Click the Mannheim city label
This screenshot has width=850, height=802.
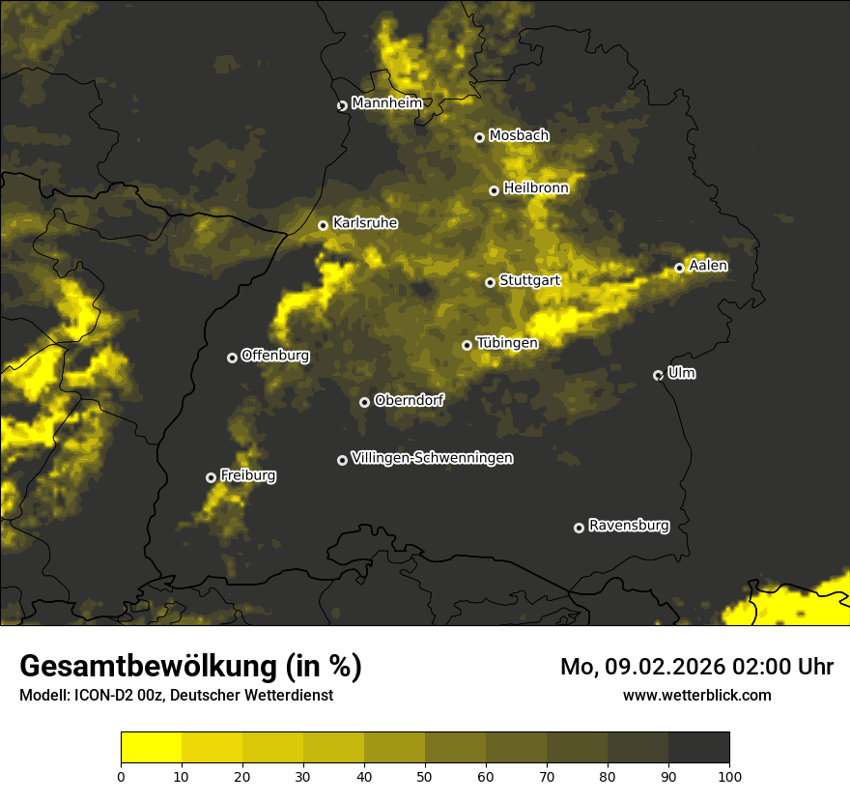[x=387, y=103]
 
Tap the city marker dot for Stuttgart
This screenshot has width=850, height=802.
[x=490, y=282]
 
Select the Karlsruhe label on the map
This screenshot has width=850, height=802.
[x=365, y=223]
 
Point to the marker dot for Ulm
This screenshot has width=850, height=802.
[x=658, y=375]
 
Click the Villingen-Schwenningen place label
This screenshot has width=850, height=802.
[x=433, y=458]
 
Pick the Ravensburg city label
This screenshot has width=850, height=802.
[x=629, y=526]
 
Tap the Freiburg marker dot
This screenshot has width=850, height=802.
[x=211, y=477]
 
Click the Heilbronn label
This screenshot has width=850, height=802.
[x=536, y=188]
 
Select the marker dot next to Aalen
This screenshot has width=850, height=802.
[x=679, y=268]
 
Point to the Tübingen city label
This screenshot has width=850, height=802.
[x=507, y=343]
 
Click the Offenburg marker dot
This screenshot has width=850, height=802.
[x=232, y=358]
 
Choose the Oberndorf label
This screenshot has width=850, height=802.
[x=410, y=400]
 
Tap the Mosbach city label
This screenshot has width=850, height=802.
[x=519, y=136]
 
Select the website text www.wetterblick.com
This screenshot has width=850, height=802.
[x=696, y=695]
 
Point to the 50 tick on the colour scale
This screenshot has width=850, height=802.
[x=425, y=775]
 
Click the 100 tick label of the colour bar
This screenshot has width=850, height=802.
[x=729, y=775]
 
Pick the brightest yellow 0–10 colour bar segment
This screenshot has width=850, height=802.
[x=152, y=748]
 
